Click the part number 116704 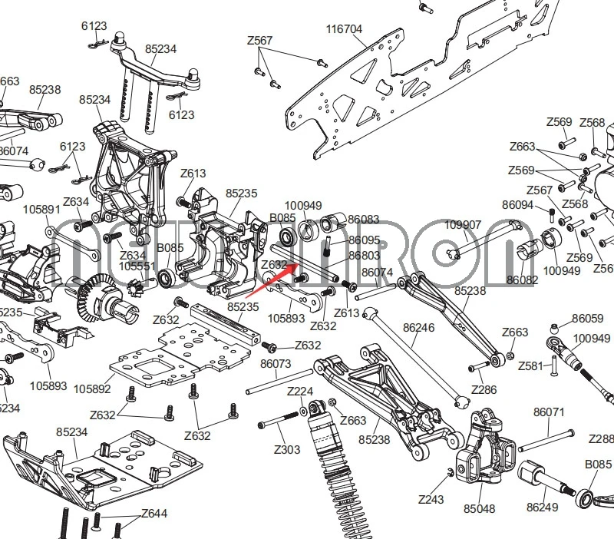(x=344, y=29)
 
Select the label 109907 (x=463, y=225)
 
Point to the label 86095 (x=364, y=240)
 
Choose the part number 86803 (x=364, y=256)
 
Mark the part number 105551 (x=137, y=266)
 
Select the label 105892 (x=92, y=389)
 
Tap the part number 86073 (x=276, y=364)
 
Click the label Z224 (x=300, y=392)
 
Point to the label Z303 (x=287, y=449)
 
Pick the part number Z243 (x=431, y=499)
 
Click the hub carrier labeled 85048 (x=480, y=461)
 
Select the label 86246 (x=418, y=327)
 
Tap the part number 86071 (x=549, y=412)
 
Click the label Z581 (x=530, y=366)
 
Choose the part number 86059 (x=588, y=318)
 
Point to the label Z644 (x=154, y=514)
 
